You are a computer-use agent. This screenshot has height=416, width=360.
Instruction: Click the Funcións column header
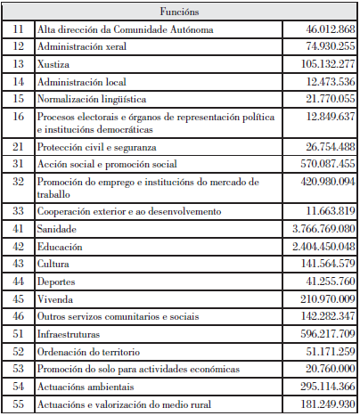(179, 12)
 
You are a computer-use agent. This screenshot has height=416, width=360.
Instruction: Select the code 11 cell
(19, 30)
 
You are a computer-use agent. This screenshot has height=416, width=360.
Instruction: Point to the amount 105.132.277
(322, 64)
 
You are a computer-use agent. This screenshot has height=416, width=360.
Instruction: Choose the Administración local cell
(80, 81)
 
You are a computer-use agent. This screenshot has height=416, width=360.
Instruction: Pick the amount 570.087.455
(322, 164)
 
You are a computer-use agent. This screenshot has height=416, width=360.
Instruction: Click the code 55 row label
(19, 405)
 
